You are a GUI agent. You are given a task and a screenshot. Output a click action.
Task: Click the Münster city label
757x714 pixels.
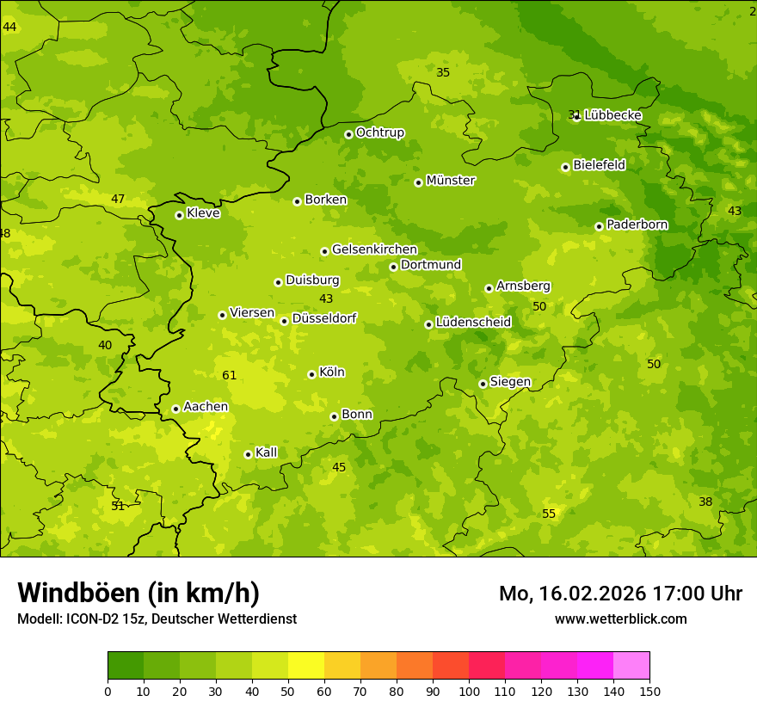click(451, 181)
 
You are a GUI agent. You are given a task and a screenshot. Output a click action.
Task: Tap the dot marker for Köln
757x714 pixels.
click(311, 374)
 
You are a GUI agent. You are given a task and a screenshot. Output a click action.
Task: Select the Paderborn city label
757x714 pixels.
click(637, 225)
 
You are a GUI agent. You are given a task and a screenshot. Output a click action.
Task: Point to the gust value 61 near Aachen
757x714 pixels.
click(229, 375)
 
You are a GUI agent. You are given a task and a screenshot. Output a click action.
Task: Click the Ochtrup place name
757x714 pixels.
click(379, 132)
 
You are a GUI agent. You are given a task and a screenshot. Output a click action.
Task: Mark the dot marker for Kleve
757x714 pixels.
click(179, 215)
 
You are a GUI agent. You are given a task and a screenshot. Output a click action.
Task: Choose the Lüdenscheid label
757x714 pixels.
click(473, 323)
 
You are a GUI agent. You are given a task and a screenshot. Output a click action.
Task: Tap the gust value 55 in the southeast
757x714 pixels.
click(549, 514)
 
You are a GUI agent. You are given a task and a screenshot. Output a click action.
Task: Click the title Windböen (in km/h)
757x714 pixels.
click(138, 593)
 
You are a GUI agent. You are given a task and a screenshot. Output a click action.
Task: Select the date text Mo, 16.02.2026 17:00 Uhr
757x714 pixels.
click(620, 594)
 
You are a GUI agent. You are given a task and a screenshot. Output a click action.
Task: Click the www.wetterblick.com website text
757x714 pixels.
click(620, 619)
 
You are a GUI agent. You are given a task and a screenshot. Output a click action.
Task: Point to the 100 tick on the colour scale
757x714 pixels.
click(469, 691)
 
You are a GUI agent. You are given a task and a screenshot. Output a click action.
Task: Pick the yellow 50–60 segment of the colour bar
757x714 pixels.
click(306, 666)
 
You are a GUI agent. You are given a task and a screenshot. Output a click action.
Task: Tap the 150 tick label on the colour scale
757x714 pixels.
click(649, 691)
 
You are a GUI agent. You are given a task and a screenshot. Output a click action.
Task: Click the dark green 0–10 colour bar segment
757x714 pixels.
click(126, 666)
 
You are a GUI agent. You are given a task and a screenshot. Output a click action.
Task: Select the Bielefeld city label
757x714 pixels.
click(599, 164)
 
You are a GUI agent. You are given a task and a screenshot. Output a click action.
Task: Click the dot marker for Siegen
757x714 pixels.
click(483, 384)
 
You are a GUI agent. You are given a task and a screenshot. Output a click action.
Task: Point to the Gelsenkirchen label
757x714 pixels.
click(374, 249)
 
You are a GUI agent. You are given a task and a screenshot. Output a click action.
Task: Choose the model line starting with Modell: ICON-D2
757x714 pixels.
click(157, 619)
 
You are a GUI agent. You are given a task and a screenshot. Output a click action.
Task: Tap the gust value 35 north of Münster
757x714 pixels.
click(443, 72)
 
